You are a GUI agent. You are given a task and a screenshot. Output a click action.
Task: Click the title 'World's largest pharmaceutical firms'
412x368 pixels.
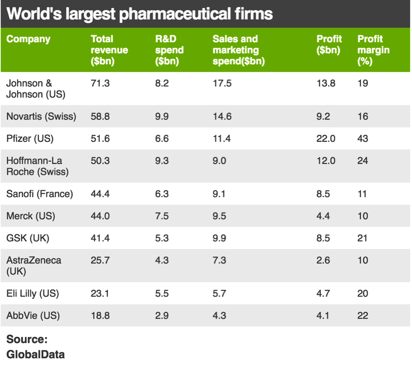[140, 14]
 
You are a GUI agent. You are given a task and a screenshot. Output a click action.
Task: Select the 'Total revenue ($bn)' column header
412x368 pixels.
[109, 50]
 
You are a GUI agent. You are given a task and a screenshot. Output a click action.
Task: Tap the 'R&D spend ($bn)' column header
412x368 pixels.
[169, 50]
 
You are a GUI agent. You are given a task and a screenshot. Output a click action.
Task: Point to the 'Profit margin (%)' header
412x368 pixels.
[373, 50]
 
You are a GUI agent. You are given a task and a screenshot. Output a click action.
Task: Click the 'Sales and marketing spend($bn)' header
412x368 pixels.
[239, 50]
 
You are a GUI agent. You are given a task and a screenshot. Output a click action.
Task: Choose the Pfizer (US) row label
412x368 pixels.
[30, 139]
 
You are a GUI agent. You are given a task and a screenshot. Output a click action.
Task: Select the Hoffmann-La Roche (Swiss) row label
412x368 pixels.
[37, 166]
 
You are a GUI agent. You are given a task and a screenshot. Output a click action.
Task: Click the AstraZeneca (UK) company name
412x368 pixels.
[34, 266]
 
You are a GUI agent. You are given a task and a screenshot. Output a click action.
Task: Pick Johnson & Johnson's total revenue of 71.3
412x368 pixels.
[100, 84]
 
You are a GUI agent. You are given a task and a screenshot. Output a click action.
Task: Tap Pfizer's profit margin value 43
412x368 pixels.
[363, 139]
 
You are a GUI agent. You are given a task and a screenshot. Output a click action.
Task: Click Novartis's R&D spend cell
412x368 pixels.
[162, 117]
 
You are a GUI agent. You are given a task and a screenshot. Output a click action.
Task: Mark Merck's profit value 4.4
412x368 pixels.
[323, 216]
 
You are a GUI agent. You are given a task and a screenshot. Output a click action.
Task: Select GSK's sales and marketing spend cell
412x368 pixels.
[220, 238]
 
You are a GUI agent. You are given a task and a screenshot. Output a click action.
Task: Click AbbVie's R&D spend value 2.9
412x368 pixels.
[162, 316]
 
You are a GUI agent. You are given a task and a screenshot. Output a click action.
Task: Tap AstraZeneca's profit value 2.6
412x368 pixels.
[323, 260]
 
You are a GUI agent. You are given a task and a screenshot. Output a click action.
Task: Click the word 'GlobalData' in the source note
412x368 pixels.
[35, 354]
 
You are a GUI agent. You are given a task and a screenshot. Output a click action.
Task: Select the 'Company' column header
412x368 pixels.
[28, 39]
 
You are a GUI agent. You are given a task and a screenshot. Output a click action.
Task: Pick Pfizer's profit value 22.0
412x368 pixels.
[326, 139]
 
